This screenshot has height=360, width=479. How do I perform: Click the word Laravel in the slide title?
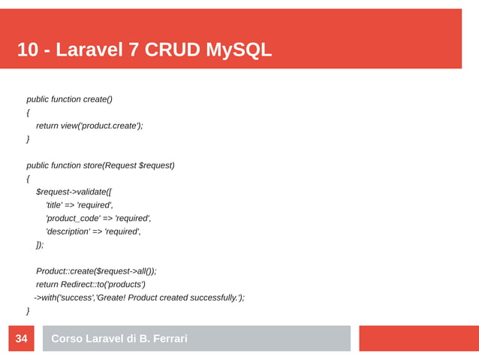point(97,50)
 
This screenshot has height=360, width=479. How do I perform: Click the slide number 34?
point(21,339)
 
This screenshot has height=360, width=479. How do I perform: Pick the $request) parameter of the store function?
point(157,165)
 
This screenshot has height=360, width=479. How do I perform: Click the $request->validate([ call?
point(74,192)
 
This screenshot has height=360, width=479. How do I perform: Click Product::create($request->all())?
point(96,271)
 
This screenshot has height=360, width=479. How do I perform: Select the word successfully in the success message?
point(211,298)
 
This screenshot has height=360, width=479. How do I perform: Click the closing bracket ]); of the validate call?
point(40,245)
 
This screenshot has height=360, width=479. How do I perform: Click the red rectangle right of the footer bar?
point(418,338)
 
